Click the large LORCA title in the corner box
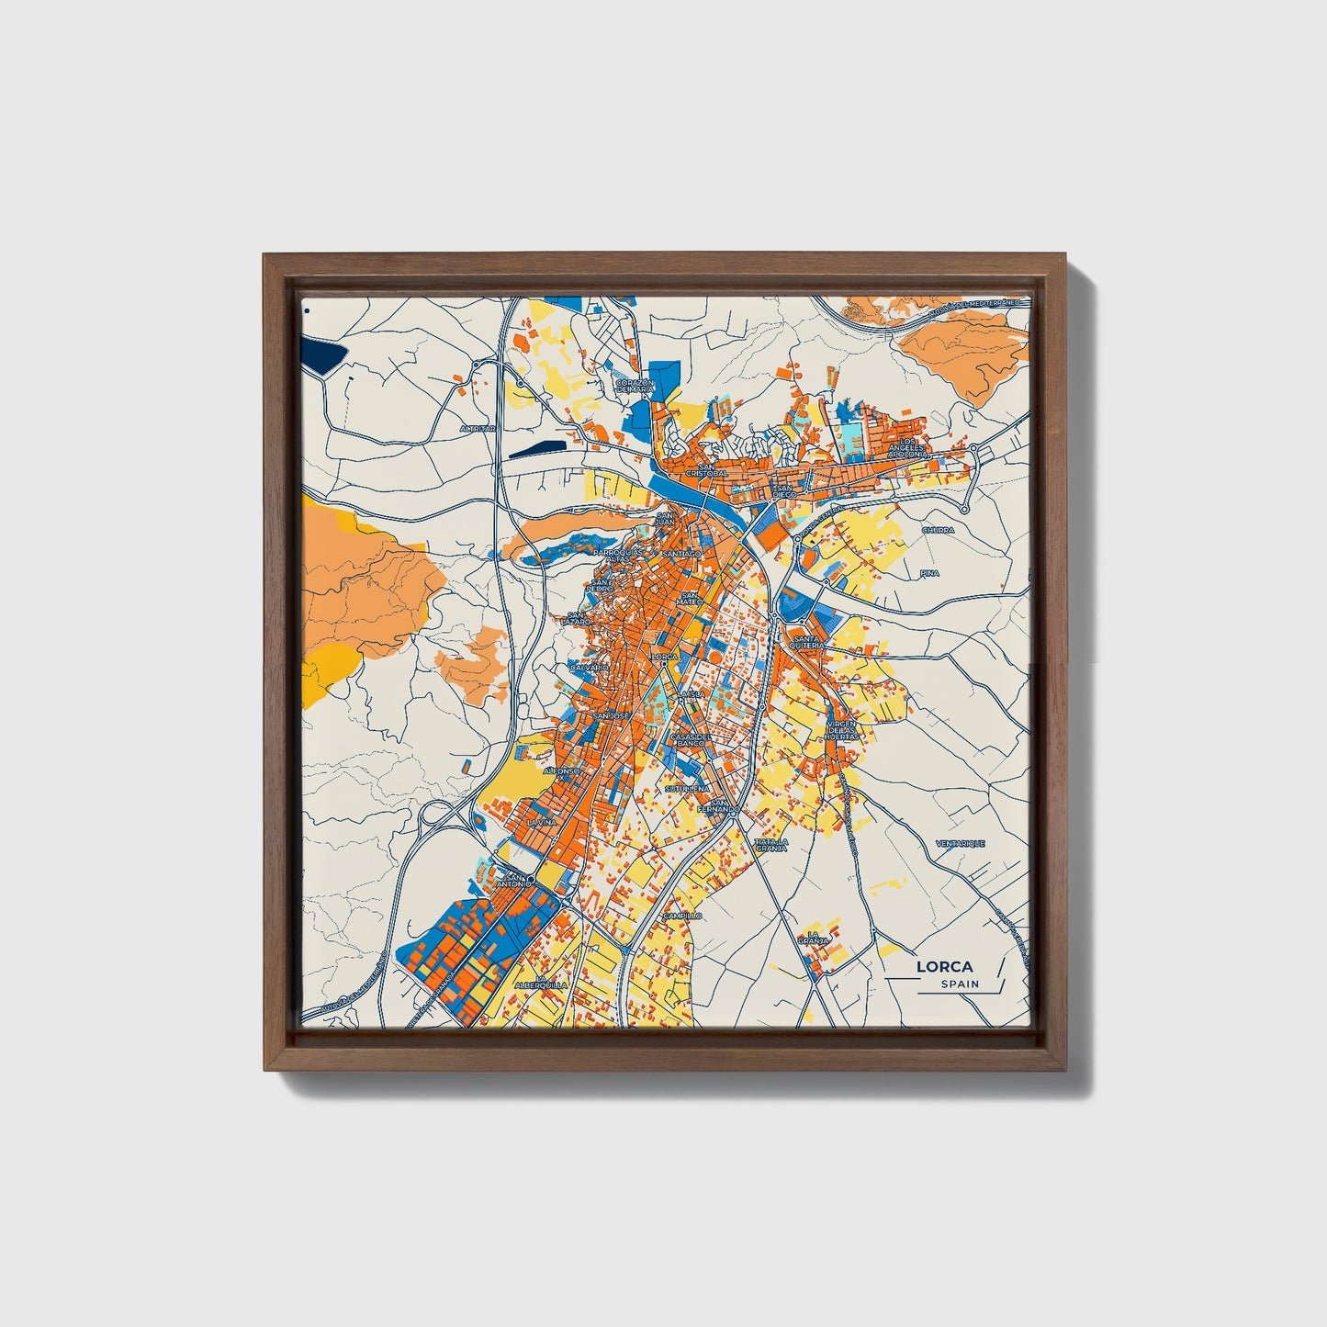click(945, 967)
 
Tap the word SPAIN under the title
click(960, 984)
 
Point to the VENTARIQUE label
click(960, 843)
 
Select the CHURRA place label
click(939, 530)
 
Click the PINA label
click(930, 572)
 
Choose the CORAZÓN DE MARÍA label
click(635, 386)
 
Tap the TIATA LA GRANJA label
click(771, 845)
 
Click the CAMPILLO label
click(682, 916)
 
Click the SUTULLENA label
click(688, 788)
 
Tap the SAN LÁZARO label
click(578, 619)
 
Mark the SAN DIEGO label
click(783, 491)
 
